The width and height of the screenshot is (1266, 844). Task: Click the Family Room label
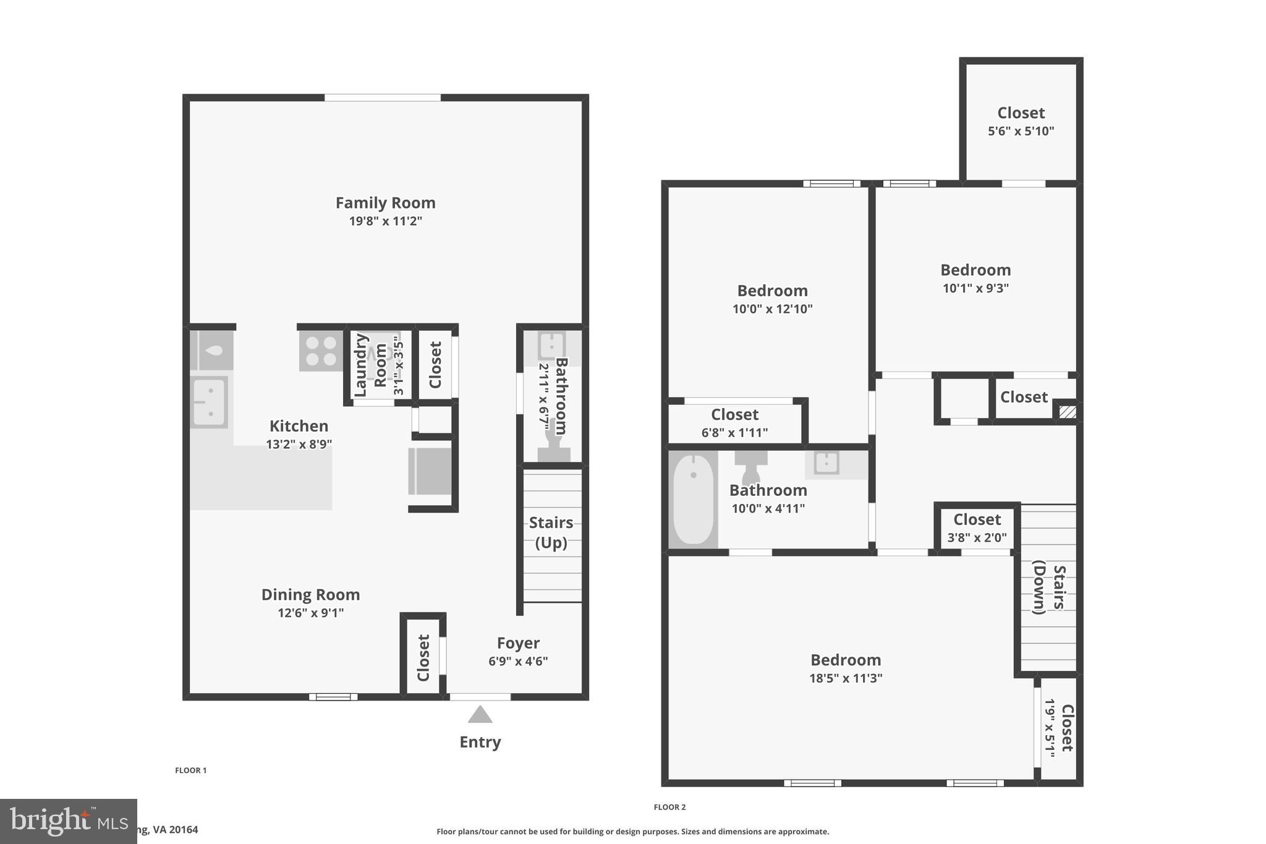pos(385,203)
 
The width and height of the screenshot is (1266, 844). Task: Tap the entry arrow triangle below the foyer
pos(480,715)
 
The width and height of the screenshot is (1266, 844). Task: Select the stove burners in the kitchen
pos(321,351)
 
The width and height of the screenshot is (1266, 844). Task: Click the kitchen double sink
pos(209,402)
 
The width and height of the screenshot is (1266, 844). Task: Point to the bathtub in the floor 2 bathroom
pos(693,499)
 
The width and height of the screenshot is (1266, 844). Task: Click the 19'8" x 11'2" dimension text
pos(385,221)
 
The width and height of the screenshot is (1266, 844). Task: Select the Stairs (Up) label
pos(551,532)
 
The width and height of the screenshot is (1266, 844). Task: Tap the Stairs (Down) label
pos(1049,589)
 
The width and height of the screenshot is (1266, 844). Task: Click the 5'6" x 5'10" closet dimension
pos(1021,131)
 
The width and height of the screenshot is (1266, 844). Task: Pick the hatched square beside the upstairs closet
pos(1067,412)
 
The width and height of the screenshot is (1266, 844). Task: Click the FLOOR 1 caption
pos(190,770)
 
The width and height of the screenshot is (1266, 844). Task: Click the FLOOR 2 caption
pos(669,807)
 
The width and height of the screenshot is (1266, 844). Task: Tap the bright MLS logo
pos(68,821)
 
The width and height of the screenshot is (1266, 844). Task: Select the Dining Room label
pos(310,595)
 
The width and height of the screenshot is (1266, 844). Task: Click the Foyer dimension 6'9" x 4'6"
pos(518,661)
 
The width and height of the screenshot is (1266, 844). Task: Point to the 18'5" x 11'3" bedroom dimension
pos(845,678)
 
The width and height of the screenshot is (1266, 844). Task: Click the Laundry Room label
pos(370,366)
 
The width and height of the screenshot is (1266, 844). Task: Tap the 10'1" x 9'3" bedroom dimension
pos(975,288)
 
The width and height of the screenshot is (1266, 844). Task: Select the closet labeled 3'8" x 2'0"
pos(977,527)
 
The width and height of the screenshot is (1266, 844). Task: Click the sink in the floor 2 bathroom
pos(826,463)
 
